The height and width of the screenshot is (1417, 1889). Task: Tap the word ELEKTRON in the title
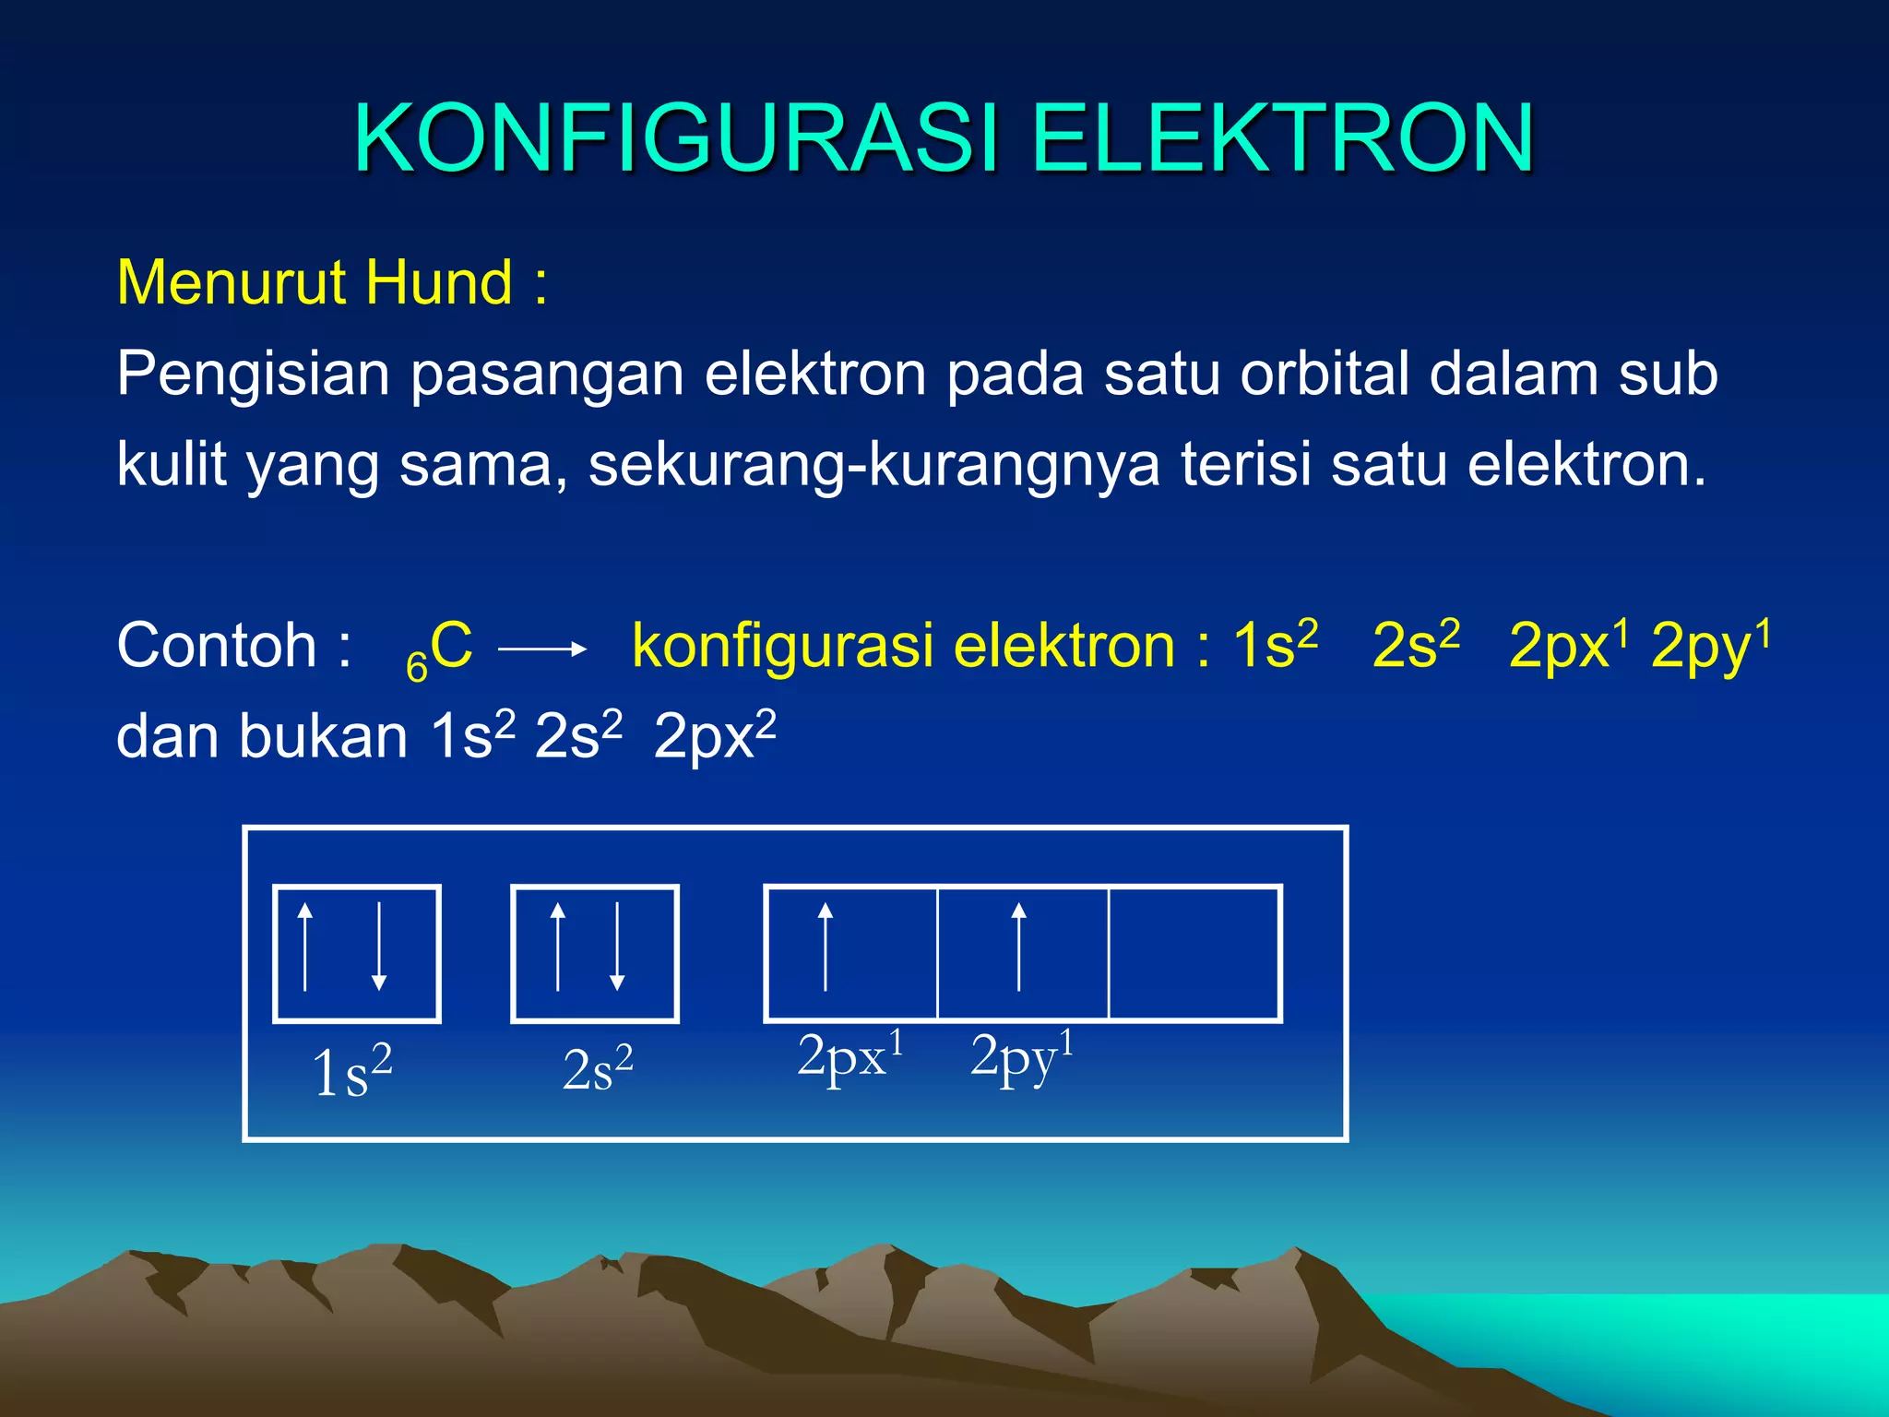tap(1282, 138)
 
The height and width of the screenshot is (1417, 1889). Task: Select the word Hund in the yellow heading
tap(439, 282)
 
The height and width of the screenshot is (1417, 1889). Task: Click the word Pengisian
tap(253, 375)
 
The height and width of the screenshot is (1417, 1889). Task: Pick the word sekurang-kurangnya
tap(874, 465)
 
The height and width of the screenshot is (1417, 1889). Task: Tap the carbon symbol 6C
tap(441, 649)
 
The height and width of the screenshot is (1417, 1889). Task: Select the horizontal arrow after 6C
tap(542, 649)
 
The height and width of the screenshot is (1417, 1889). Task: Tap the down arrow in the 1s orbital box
tap(379, 947)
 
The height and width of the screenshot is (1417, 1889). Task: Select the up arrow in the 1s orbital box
tap(305, 947)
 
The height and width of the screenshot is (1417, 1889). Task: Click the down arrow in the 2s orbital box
tap(617, 947)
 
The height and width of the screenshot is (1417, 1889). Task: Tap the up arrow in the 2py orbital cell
tap(1018, 947)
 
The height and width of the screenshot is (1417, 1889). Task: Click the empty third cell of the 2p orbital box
tap(1194, 954)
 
